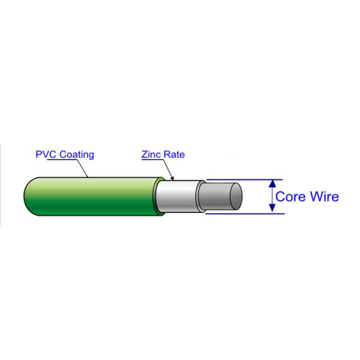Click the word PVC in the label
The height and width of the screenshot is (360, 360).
tap(44, 155)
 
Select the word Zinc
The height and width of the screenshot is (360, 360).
tap(151, 155)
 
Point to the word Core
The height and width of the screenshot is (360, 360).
tap(290, 197)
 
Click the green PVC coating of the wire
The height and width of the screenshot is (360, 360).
tap(90, 197)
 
